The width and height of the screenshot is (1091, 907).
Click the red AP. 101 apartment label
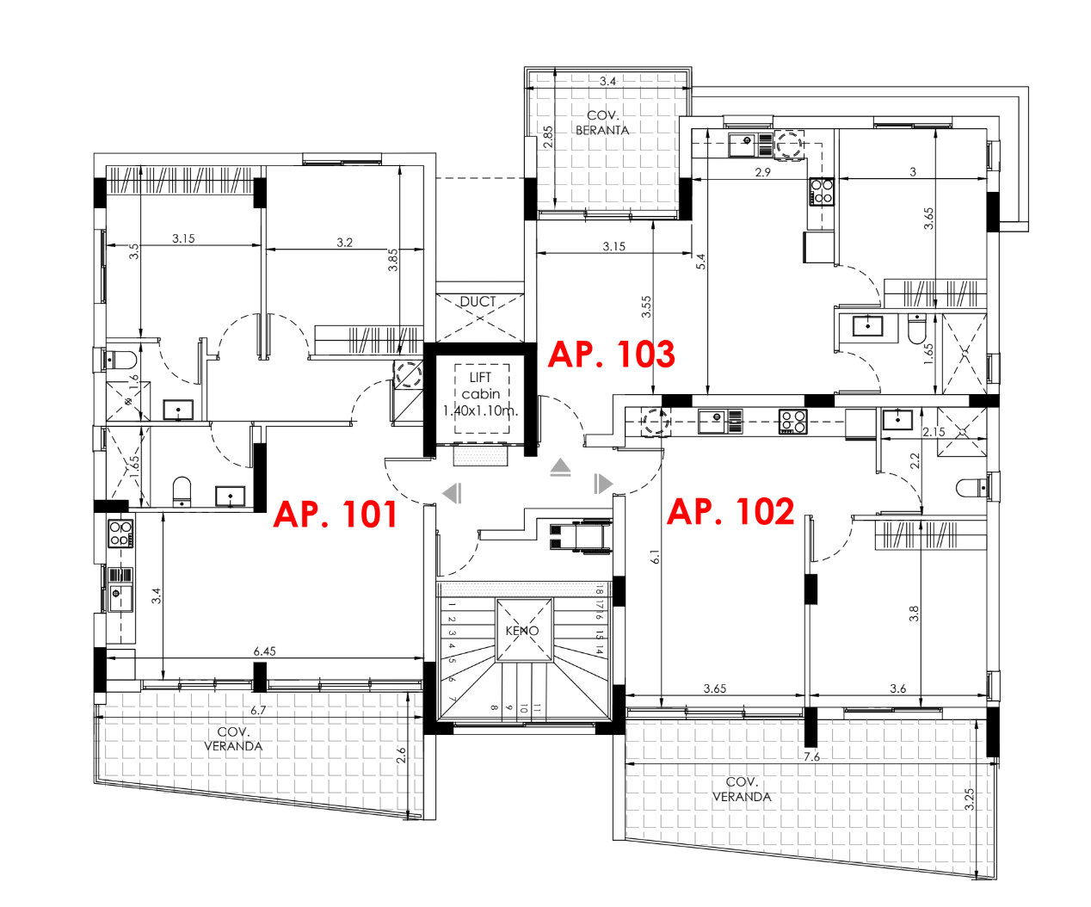335,515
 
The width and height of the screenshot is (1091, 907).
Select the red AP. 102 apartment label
730,512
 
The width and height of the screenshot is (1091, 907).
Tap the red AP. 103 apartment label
611,355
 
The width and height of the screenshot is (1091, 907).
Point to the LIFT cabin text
481,394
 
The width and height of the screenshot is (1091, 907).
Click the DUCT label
478,302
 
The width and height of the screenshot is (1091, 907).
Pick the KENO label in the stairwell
522,631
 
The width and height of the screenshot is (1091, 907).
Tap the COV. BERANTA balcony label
602,123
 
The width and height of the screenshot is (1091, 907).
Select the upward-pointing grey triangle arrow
561,467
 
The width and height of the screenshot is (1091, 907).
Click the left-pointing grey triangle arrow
452,493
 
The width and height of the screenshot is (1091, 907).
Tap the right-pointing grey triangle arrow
603,484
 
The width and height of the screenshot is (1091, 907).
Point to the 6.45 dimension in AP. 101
264,651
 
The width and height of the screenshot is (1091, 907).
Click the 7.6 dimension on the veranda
811,757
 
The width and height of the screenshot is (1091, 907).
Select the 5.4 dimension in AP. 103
700,262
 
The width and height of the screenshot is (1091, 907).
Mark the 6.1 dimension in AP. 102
655,557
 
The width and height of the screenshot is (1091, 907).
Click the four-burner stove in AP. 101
120,534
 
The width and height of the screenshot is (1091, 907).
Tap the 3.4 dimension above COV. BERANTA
607,81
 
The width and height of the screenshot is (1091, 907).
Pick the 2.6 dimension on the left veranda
401,756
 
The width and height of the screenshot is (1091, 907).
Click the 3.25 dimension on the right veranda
970,799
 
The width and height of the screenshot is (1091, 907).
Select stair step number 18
599,589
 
